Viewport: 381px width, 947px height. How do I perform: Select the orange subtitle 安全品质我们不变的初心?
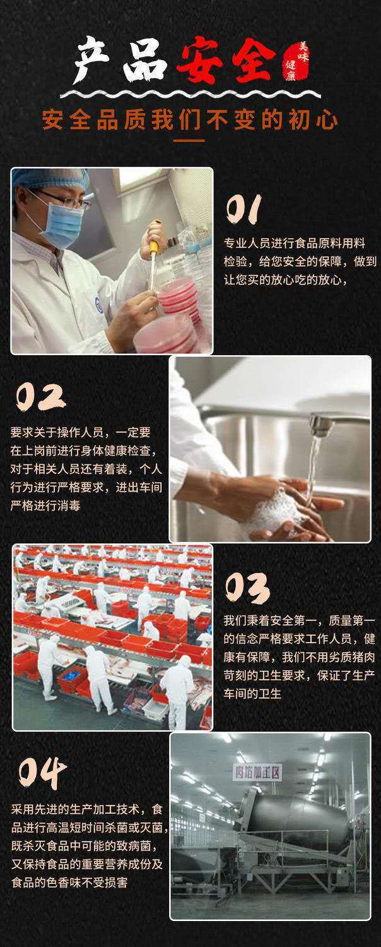(x=190, y=119)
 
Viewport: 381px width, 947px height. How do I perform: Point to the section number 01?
(x=244, y=209)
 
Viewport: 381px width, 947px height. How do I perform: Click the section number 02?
(x=40, y=397)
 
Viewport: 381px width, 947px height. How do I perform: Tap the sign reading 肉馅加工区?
(x=257, y=772)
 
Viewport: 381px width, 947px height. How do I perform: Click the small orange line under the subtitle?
(x=189, y=141)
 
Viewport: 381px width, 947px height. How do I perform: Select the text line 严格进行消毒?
(x=45, y=505)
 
